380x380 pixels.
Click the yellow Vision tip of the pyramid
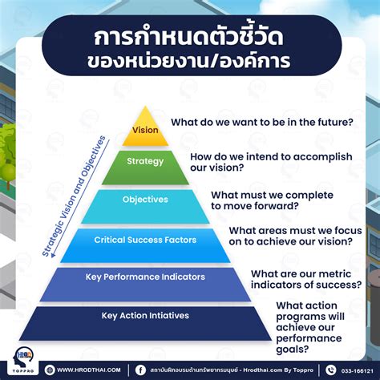(145, 130)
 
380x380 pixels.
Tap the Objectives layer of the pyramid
(145, 200)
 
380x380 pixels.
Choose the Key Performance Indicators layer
(145, 277)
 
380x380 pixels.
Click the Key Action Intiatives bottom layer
(144, 316)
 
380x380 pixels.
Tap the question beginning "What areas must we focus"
(290, 236)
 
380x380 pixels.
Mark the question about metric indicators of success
(305, 277)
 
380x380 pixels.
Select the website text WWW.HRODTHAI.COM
(89, 370)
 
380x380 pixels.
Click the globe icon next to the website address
(51, 370)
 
